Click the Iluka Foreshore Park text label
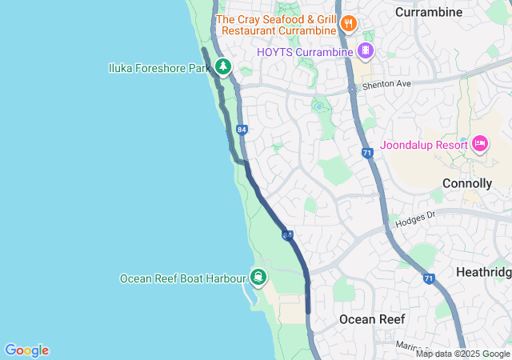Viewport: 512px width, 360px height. [x=159, y=68]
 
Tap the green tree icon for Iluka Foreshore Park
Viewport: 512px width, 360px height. [x=223, y=67]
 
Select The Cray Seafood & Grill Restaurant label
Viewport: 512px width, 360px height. [x=276, y=25]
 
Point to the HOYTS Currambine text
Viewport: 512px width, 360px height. [x=305, y=52]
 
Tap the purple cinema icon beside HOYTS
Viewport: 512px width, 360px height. [x=366, y=51]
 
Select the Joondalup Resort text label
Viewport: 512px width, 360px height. [x=424, y=145]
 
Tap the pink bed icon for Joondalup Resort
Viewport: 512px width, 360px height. [x=480, y=144]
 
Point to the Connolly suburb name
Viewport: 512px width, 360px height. [x=466, y=183]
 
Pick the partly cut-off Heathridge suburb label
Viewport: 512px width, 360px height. [x=483, y=273]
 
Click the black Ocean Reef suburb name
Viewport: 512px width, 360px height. [x=372, y=319]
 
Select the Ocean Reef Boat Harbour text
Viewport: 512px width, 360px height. [x=182, y=278]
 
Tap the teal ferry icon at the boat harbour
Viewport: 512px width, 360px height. [x=258, y=278]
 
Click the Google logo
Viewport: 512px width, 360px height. [x=26, y=350]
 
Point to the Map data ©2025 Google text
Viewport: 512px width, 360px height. [x=462, y=354]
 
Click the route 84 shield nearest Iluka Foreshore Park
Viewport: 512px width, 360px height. [x=242, y=129]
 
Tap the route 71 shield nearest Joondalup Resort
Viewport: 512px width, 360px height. [x=367, y=153]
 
